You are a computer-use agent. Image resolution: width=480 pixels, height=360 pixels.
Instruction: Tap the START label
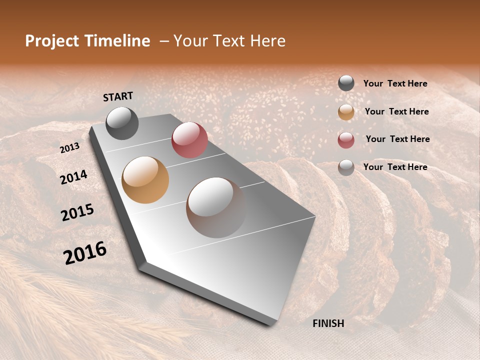coord(118,96)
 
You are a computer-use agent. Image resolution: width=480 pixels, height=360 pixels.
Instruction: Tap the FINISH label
coord(328,323)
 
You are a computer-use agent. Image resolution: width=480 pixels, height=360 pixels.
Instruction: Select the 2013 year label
coord(69,148)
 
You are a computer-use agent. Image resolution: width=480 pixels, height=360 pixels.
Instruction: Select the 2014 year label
coord(73,177)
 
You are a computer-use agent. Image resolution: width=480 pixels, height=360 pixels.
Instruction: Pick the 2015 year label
coord(77,212)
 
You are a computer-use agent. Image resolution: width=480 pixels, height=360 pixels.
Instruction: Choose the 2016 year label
coord(85,253)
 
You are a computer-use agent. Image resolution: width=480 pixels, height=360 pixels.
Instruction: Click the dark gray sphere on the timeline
coord(122,123)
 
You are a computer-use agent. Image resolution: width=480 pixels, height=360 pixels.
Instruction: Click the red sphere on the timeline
coord(189,140)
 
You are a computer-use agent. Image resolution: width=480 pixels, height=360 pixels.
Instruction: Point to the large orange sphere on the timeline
coord(145,180)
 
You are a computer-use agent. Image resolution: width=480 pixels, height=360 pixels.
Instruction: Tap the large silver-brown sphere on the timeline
coord(216,207)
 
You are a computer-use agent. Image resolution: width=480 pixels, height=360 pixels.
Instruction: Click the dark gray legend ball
coord(346,83)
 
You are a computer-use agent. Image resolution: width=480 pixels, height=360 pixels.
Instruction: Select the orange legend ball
coord(346,112)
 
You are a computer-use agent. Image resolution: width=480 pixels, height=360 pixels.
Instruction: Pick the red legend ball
coord(346,140)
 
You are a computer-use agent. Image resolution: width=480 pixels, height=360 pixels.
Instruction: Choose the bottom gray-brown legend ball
coord(346,167)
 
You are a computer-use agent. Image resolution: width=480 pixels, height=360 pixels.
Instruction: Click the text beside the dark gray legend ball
coord(395,83)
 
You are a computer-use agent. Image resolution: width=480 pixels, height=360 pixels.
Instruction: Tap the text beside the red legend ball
coord(397,139)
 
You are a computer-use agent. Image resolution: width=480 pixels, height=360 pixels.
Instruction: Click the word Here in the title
coord(267,41)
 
